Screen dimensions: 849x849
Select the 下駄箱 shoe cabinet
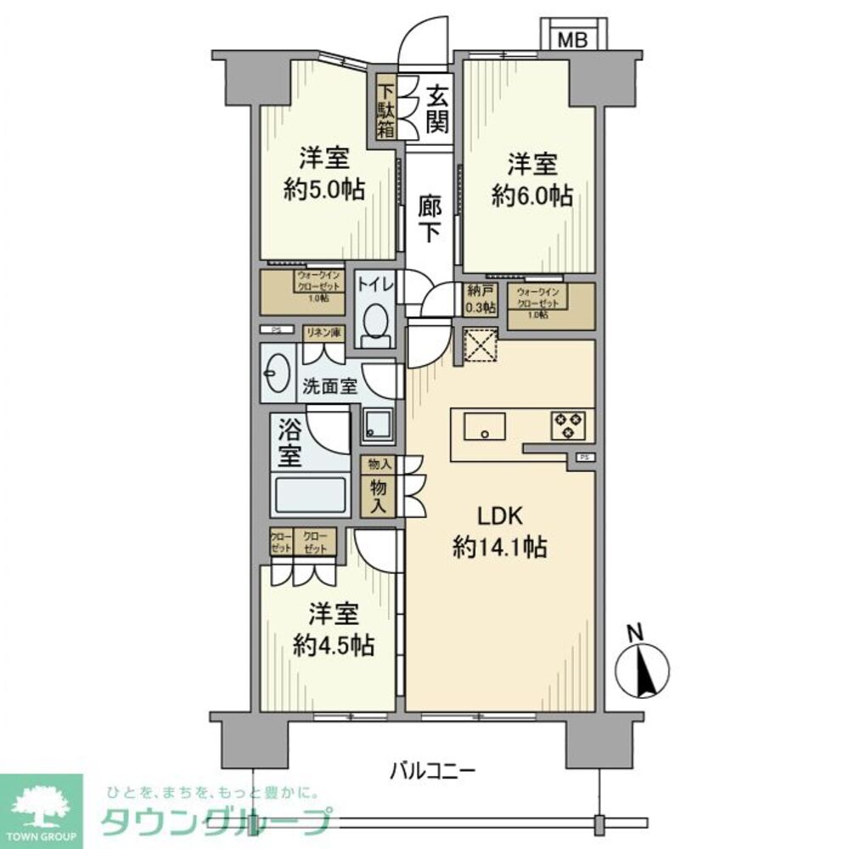tap(386, 108)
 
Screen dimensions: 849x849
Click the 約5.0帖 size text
tap(324, 188)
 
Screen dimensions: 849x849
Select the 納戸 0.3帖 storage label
tap(481, 299)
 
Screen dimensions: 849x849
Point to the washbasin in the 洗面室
tap(273, 374)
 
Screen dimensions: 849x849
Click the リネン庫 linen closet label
tap(323, 333)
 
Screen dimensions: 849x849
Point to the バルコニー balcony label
tap(432, 771)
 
